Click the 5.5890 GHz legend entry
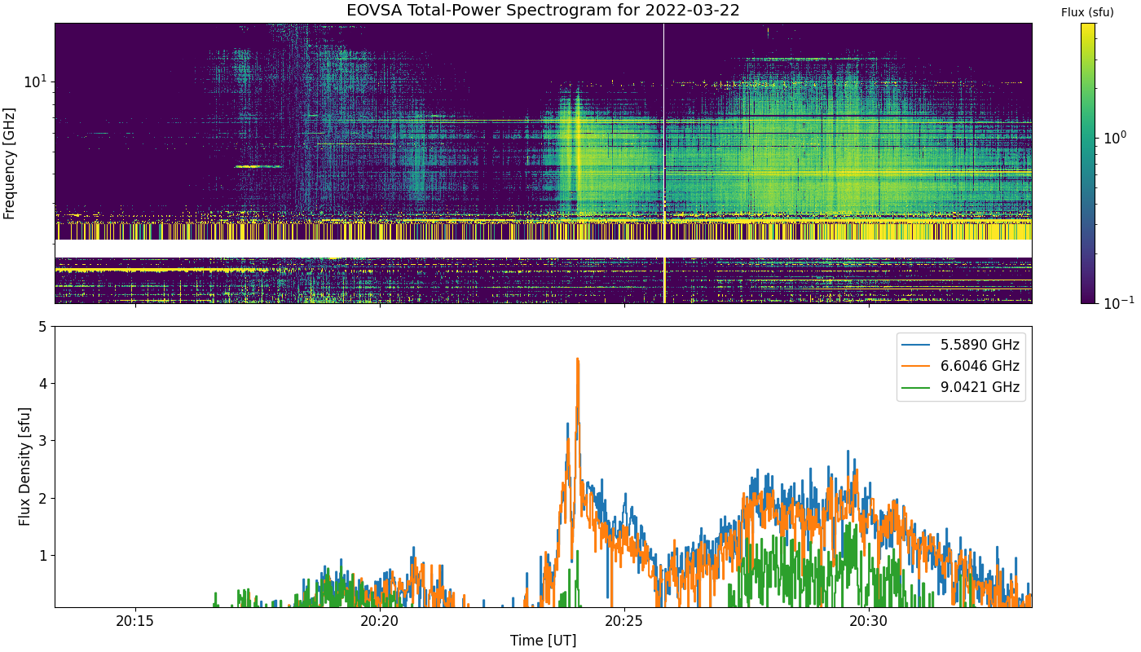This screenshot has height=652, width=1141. pyautogui.click(x=961, y=345)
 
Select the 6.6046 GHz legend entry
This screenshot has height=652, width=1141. pyautogui.click(x=961, y=366)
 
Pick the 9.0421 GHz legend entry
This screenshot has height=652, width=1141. pyautogui.click(x=961, y=387)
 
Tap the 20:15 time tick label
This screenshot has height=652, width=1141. pyautogui.click(x=135, y=621)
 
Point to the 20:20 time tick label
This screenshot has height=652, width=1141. pyautogui.click(x=380, y=621)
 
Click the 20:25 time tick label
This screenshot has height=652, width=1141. pyautogui.click(x=624, y=621)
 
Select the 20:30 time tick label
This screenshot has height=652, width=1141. pyautogui.click(x=869, y=621)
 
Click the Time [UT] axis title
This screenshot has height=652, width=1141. pyautogui.click(x=543, y=641)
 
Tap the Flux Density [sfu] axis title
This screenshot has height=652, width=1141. pyautogui.click(x=24, y=466)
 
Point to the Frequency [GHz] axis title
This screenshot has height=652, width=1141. pyautogui.click(x=9, y=164)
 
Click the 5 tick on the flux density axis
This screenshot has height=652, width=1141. pyautogui.click(x=42, y=327)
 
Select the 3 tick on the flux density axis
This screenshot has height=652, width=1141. pyautogui.click(x=42, y=441)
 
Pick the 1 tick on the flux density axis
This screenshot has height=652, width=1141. pyautogui.click(x=42, y=555)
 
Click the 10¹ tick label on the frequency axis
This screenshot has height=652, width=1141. pyautogui.click(x=35, y=81)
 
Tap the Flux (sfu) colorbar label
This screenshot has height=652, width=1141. pyautogui.click(x=1087, y=12)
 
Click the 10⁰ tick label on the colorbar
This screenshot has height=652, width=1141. pyautogui.click(x=1115, y=138)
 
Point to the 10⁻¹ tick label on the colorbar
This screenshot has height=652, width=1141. pyautogui.click(x=1118, y=302)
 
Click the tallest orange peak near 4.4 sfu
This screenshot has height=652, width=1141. pyautogui.click(x=577, y=359)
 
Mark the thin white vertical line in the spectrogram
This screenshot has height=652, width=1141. pyautogui.click(x=663, y=163)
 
